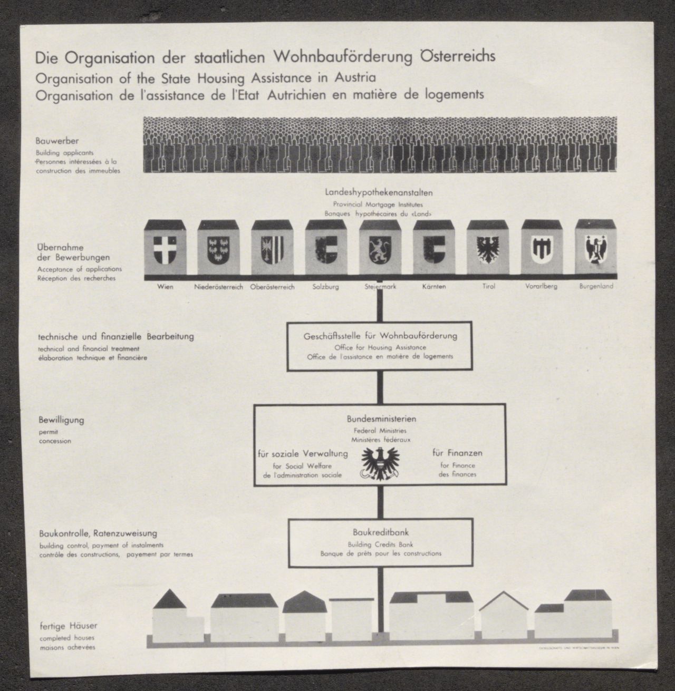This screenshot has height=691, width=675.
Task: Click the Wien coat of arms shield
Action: pos(165,248)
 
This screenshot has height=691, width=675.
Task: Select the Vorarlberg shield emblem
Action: pos(541,248)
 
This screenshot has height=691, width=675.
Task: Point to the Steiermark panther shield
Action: pos(380,248)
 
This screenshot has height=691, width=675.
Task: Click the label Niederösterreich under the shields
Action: pos(218,287)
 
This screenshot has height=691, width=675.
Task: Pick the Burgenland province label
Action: pos(596,287)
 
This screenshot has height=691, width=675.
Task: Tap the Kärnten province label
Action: pos(434,287)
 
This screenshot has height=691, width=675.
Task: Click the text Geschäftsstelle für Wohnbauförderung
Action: pos(380,336)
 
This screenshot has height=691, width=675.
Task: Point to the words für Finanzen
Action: pos(457,453)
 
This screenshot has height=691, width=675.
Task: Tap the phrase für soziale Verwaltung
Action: pos(303,453)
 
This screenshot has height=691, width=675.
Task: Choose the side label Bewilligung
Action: pos(61,421)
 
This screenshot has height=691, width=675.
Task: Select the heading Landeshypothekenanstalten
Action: pos(379,193)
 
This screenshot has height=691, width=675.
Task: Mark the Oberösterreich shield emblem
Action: pos(272,248)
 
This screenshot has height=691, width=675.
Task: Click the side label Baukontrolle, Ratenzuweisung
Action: pos(98,533)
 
